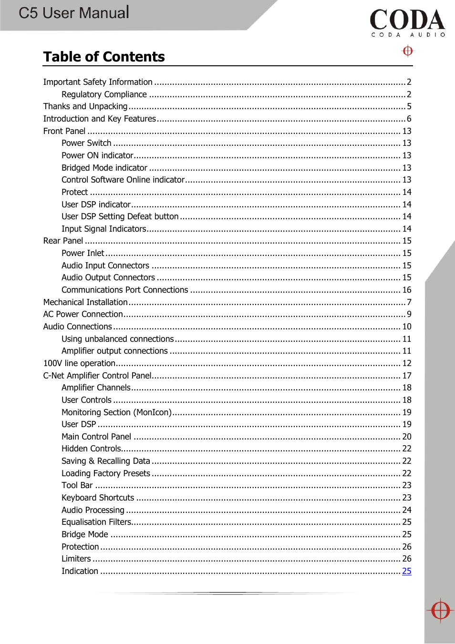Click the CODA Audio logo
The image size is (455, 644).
(407, 22)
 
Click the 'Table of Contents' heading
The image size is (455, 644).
(104, 57)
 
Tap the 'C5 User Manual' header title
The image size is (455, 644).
(74, 13)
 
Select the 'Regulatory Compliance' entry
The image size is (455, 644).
(104, 94)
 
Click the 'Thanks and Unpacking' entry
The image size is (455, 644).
(85, 106)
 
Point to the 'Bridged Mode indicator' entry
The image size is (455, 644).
(104, 168)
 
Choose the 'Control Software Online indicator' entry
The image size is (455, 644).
(123, 180)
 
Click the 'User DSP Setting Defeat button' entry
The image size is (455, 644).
(120, 216)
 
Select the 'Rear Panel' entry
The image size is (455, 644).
(63, 241)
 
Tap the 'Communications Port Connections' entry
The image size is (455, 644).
(124, 290)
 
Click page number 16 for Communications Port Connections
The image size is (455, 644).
(406, 290)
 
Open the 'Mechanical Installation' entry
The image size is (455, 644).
(85, 302)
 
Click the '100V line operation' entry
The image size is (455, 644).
(79, 363)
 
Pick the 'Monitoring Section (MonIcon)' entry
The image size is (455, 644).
(116, 412)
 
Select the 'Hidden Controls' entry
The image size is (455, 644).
(91, 449)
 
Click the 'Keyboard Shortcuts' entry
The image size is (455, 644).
(98, 498)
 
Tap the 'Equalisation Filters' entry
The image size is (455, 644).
(96, 522)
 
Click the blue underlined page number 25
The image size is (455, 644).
(406, 571)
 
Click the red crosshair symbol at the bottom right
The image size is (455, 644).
(440, 610)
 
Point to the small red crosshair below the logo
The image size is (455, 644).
(408, 51)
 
